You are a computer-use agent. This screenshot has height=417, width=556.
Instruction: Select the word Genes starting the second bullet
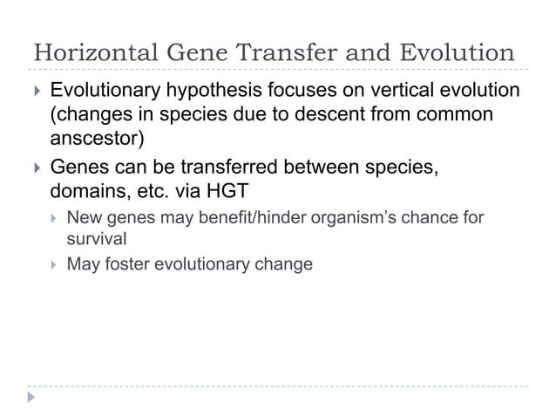point(80,167)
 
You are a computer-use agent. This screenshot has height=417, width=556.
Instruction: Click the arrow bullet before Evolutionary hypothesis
point(34,92)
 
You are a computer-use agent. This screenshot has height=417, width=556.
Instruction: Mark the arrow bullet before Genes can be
point(34,167)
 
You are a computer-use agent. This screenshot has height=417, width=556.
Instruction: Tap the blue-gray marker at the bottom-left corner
point(32,398)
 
